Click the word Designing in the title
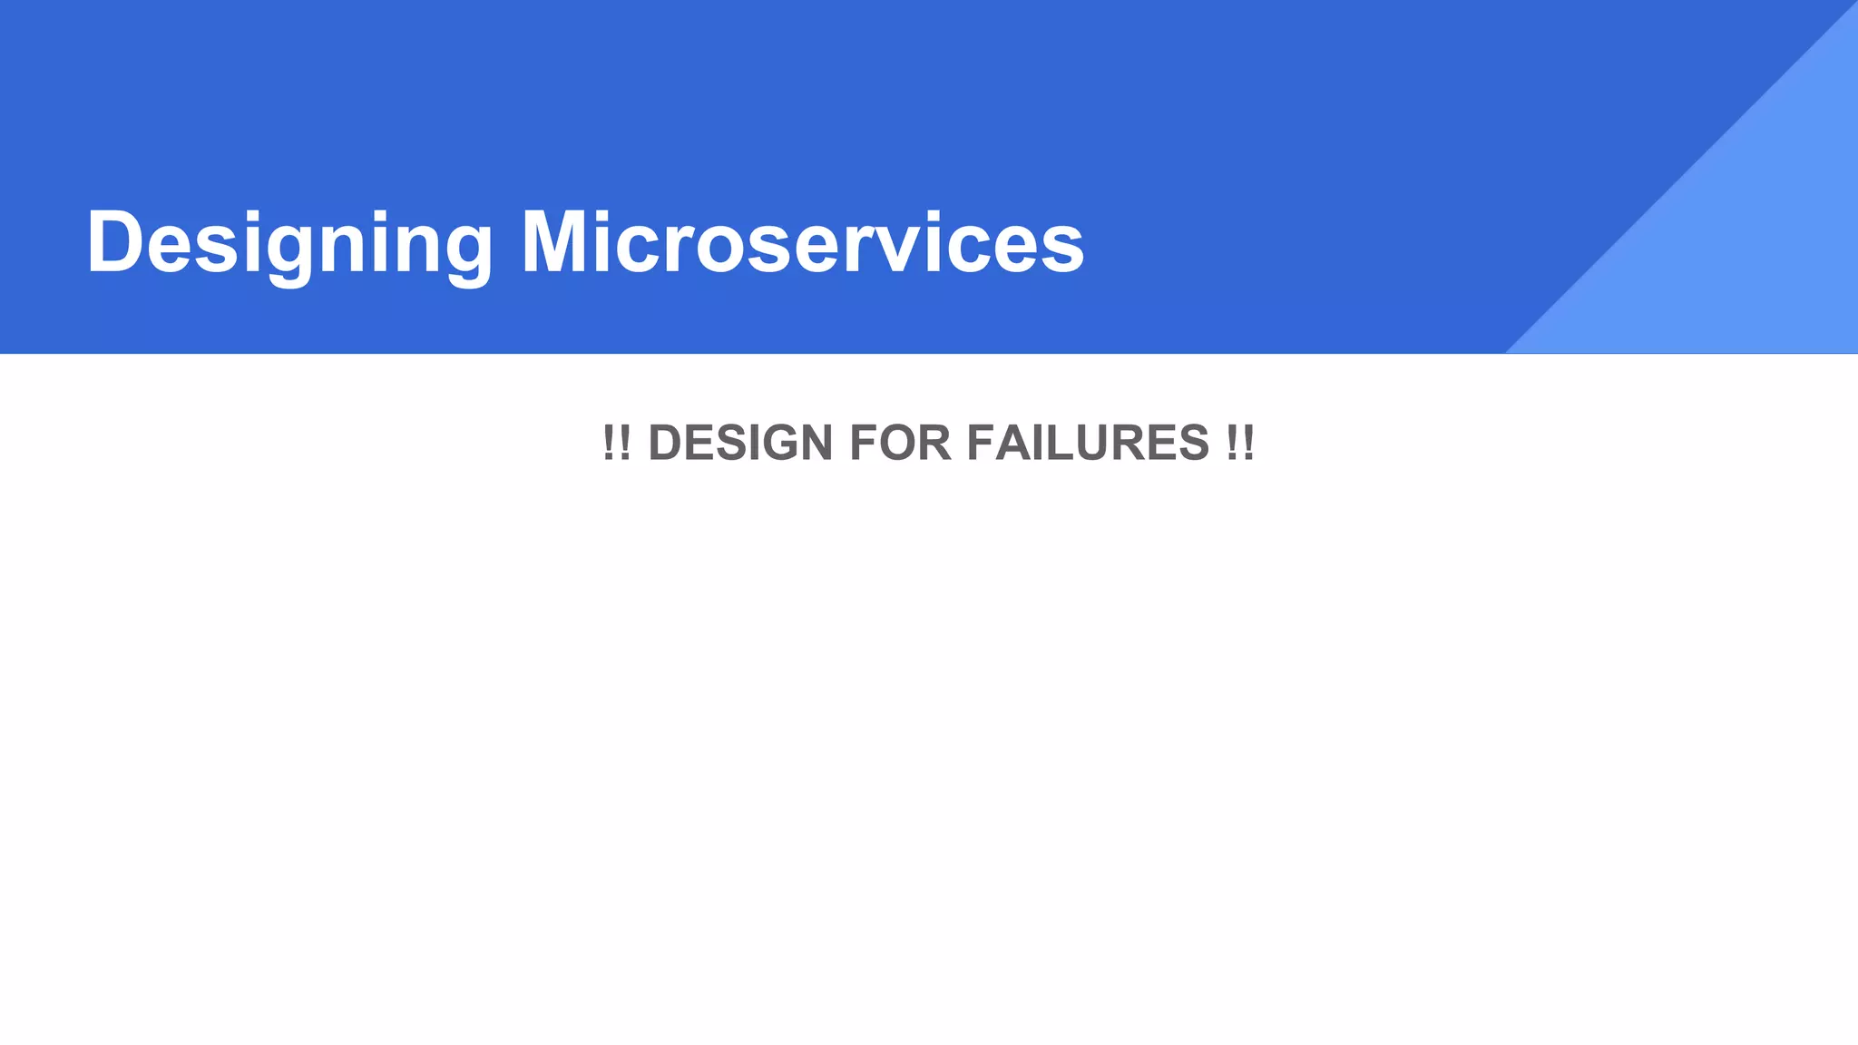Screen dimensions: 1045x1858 (289, 243)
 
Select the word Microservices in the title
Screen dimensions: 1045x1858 (802, 243)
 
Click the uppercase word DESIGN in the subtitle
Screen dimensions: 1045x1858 (740, 443)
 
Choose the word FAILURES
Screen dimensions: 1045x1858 (1088, 443)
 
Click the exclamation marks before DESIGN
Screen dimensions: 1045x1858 (616, 443)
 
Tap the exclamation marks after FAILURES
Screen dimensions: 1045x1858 (1240, 443)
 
